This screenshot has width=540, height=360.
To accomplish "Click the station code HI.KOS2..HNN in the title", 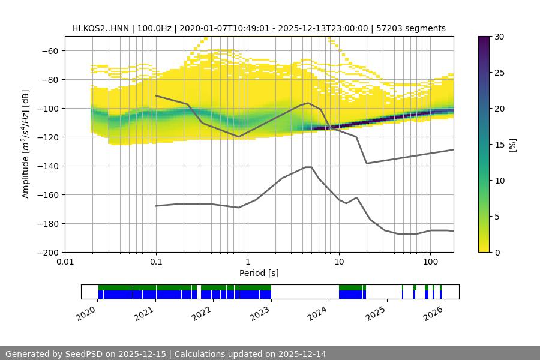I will [x=100, y=28].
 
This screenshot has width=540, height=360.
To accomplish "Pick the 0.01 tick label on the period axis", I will [x=65, y=262].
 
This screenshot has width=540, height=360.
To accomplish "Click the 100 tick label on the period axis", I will [x=430, y=262].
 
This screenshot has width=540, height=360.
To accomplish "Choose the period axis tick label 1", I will [x=247, y=262].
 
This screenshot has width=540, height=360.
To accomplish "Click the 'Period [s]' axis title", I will [x=259, y=273].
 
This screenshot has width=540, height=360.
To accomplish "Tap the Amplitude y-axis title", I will [x=26, y=144].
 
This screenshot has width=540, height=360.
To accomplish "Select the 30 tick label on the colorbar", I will [x=499, y=37].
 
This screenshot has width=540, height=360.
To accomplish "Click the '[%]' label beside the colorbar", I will [x=512, y=145].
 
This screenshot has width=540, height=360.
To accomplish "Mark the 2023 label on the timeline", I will [x=259, y=313].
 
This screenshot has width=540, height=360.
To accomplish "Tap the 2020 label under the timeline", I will [x=86, y=313].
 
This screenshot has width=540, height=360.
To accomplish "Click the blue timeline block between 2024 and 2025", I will [x=352, y=295].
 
